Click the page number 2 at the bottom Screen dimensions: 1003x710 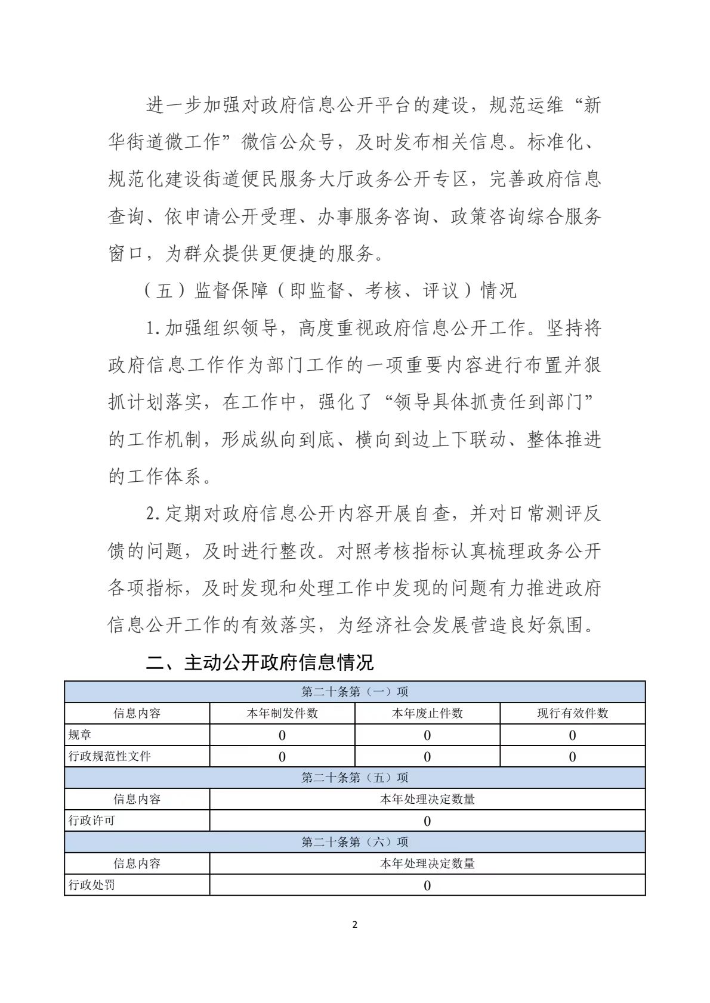(355, 925)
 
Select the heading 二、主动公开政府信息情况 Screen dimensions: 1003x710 (260, 663)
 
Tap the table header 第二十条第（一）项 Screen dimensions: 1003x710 (355, 692)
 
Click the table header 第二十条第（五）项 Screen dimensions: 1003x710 (355, 778)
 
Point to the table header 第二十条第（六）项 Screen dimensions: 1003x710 (355, 842)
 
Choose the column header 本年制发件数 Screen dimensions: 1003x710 (282, 713)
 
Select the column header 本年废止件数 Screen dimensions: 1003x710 (427, 713)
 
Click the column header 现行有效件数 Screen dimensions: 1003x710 (572, 713)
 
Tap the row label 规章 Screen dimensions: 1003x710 (80, 735)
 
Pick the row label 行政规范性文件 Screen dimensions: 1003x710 (110, 756)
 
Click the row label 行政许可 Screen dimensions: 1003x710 (92, 821)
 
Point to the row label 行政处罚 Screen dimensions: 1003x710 (92, 885)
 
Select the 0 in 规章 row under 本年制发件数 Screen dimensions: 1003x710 (282, 735)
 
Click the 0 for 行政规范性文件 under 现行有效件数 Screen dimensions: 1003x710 (572, 757)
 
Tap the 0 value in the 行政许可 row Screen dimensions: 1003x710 (427, 821)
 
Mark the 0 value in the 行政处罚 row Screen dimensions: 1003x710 (427, 886)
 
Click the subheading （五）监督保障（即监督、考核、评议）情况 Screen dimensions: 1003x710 (330, 290)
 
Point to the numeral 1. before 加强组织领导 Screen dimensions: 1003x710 (153, 328)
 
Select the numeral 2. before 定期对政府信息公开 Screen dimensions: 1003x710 (153, 513)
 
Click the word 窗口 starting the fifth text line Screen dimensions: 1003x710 (126, 253)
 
